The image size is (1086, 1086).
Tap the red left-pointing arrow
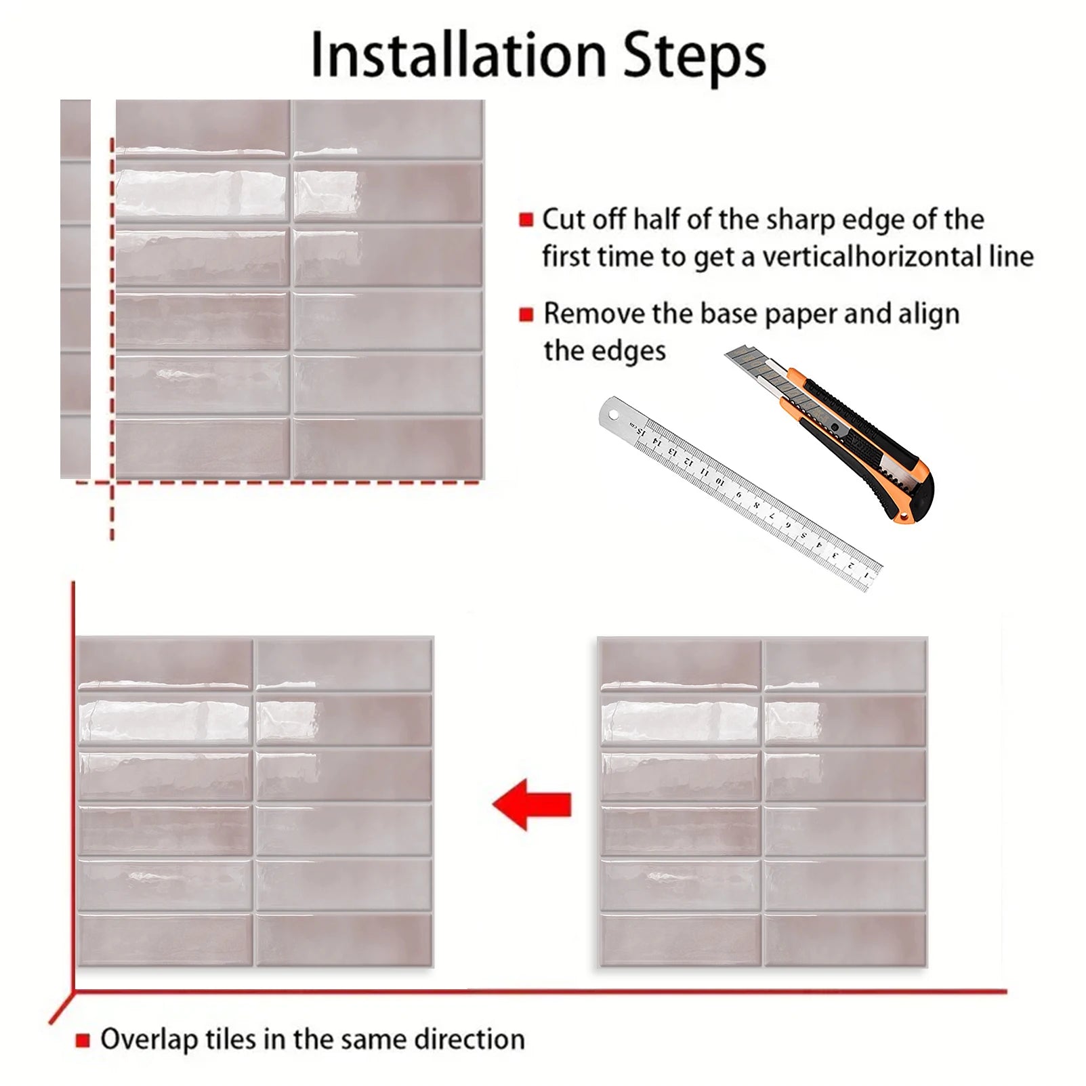(532, 805)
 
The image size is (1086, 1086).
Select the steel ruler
(740, 494)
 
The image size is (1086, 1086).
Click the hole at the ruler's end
(614, 412)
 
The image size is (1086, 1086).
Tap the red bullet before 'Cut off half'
(526, 220)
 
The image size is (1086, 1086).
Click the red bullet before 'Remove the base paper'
(526, 314)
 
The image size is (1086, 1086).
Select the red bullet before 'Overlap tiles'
(83, 1040)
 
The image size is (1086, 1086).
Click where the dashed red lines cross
(112, 482)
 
